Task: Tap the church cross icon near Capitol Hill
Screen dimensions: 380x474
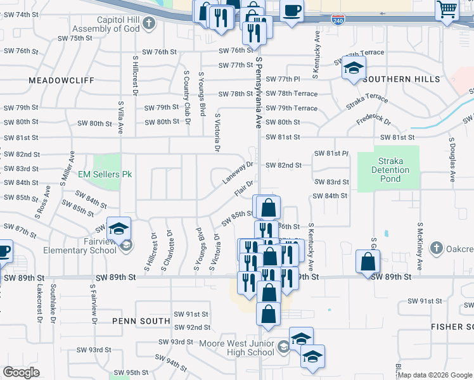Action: pos(149,24)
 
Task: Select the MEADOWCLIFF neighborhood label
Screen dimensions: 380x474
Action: pos(61,80)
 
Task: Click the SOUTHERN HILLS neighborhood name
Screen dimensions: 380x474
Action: pos(402,79)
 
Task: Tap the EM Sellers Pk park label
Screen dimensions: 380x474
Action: pos(105,174)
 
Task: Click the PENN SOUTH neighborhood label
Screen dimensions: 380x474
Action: pos(141,321)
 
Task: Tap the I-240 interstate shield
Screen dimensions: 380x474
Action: pos(338,20)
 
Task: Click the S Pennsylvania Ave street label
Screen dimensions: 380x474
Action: pos(259,92)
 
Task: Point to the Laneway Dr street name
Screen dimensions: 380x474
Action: pos(238,173)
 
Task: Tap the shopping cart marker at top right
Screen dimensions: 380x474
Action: pos(447,9)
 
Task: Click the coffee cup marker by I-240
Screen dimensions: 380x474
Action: pos(291,10)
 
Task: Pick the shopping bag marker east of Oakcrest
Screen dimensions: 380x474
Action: pos(368,260)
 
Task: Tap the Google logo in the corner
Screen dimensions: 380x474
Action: pos(22,372)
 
